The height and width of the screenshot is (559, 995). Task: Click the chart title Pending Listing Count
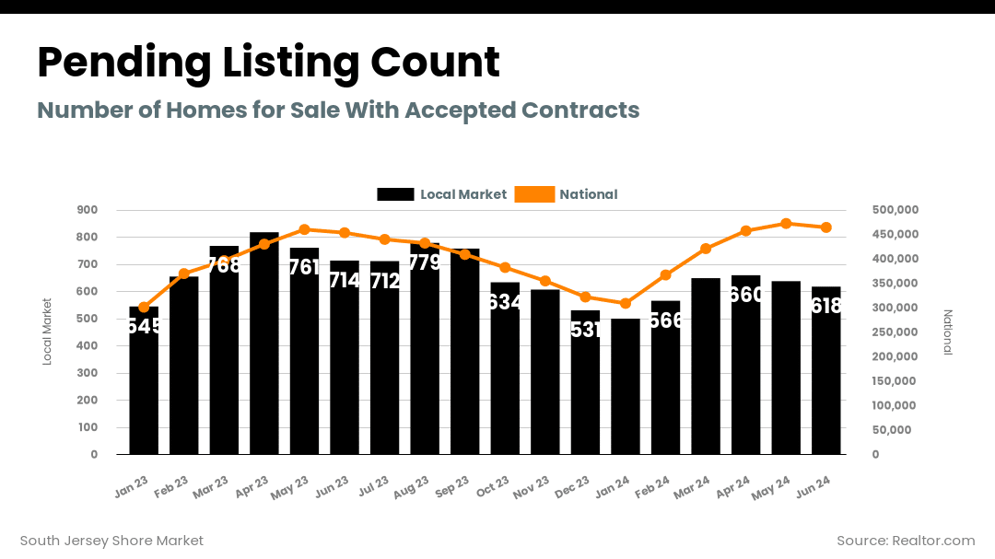tap(268, 63)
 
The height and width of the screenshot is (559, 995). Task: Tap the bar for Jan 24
tap(626, 387)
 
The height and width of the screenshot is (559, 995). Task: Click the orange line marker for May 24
tap(786, 224)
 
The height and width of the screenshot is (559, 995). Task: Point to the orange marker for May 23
tap(304, 229)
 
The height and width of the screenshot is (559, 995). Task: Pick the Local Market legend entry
tap(442, 194)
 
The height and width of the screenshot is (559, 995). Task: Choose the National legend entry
tap(567, 194)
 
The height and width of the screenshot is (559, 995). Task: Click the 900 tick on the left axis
tap(88, 210)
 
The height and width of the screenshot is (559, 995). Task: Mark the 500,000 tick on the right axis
tap(895, 210)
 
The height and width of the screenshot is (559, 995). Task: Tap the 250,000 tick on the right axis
tap(895, 332)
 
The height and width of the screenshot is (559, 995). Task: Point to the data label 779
tap(424, 262)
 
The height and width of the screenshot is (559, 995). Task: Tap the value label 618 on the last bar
tap(825, 306)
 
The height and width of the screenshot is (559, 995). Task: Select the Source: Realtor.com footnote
tap(905, 541)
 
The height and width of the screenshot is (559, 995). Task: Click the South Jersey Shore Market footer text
tap(111, 541)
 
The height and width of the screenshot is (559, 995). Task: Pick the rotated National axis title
tap(948, 332)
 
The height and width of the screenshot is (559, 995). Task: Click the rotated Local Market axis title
tap(48, 332)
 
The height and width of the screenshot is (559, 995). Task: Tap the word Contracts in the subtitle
tap(580, 111)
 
